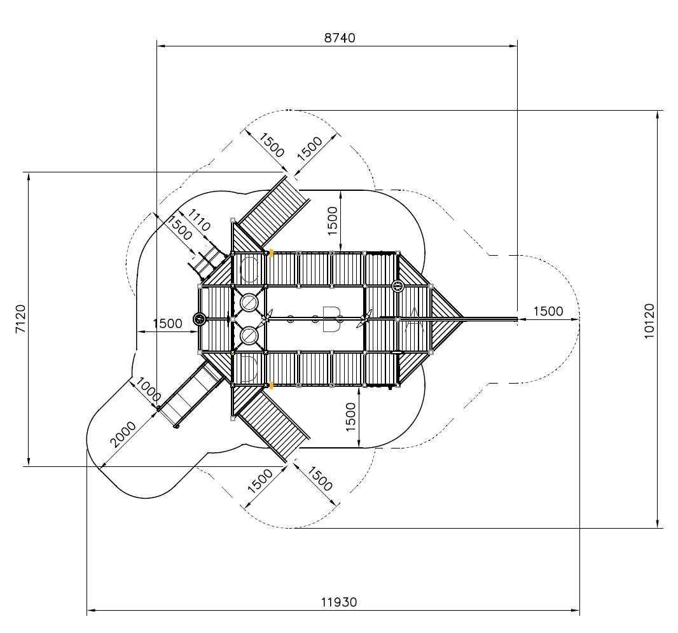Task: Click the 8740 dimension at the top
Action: pyautogui.click(x=339, y=38)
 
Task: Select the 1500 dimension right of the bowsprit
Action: pyautogui.click(x=548, y=311)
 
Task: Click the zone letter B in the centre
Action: pyautogui.click(x=331, y=319)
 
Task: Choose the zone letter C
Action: pyautogui.click(x=249, y=269)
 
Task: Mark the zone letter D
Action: pyautogui.click(x=249, y=369)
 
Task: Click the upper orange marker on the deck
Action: pyautogui.click(x=272, y=253)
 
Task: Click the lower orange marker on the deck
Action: pyautogui.click(x=272, y=385)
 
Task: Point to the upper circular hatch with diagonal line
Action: pyautogui.click(x=249, y=302)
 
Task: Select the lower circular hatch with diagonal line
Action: pyautogui.click(x=249, y=335)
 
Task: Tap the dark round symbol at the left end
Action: pyautogui.click(x=200, y=319)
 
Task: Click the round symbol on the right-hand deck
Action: pyautogui.click(x=398, y=286)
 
